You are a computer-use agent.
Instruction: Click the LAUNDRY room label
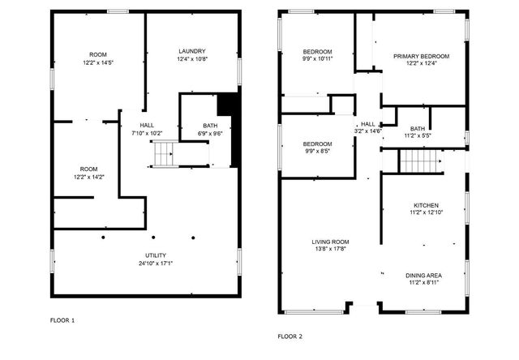pos(192,51)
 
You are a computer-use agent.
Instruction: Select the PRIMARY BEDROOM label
pos(421,56)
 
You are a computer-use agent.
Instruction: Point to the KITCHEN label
pos(427,205)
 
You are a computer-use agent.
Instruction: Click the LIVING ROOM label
pos(330,242)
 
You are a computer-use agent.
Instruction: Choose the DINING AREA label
pos(423,276)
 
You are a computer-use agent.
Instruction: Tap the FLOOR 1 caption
pos(62,320)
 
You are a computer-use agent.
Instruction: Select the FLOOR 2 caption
pos(290,336)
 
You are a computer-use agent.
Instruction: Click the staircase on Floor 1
pos(165,153)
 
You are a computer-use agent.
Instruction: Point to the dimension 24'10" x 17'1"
pos(154,263)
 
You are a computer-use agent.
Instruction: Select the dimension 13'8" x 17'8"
pos(330,250)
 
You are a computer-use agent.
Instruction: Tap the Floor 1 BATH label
pos(210,126)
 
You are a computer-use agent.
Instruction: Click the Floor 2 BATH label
pos(418,129)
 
